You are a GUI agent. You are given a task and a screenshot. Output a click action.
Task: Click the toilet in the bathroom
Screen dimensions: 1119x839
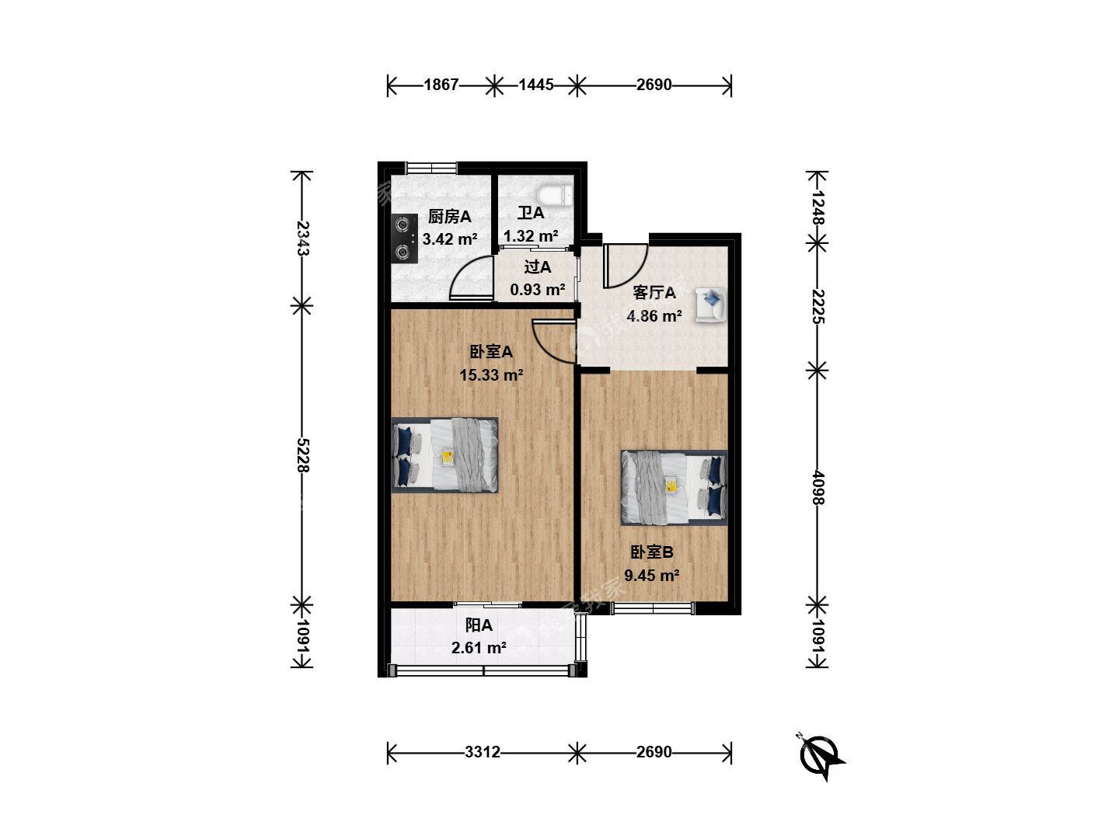(x=555, y=196)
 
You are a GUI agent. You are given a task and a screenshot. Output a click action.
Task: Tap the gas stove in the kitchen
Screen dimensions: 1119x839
(x=404, y=238)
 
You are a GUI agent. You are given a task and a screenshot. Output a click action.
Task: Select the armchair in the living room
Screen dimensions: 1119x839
(x=711, y=305)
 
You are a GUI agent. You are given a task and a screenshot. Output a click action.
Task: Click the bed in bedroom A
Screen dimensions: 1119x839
(x=444, y=455)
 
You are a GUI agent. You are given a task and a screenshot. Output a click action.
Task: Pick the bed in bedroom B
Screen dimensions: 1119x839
(x=674, y=488)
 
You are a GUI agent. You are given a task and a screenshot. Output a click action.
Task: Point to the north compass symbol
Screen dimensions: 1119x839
(x=819, y=756)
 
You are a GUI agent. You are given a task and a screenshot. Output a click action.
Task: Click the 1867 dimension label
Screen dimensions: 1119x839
(x=441, y=85)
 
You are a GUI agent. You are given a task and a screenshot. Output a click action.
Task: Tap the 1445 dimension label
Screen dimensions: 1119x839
(x=535, y=85)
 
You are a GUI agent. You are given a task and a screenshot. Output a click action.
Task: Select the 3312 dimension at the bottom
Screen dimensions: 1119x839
(x=483, y=752)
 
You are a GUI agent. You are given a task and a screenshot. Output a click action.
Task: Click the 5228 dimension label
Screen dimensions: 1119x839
(x=303, y=455)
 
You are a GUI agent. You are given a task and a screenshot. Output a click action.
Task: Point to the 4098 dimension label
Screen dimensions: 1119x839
(x=817, y=488)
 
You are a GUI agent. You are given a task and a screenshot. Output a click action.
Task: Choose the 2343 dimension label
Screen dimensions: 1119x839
(x=303, y=238)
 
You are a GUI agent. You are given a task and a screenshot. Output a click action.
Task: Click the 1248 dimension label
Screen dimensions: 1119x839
(x=817, y=207)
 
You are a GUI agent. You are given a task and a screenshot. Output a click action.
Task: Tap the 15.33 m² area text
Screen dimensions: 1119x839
(x=491, y=375)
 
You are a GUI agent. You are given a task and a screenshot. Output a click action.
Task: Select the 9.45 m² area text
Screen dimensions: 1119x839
(x=652, y=576)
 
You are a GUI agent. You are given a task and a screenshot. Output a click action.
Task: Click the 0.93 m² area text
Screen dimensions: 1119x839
(x=538, y=290)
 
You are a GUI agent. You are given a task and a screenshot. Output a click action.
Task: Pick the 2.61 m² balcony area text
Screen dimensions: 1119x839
(x=479, y=648)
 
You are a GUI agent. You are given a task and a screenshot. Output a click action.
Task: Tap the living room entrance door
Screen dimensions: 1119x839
(x=625, y=266)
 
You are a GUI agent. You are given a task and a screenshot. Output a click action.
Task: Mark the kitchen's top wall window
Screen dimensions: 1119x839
(x=431, y=168)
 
